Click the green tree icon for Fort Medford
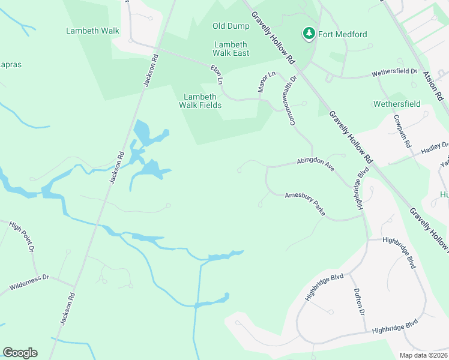pyautogui.click(x=309, y=34)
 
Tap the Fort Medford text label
pyautogui.click(x=343, y=34)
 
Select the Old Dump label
pyautogui.click(x=231, y=26)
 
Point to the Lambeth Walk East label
pyautogui.click(x=231, y=49)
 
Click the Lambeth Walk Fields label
pyautogui.click(x=200, y=101)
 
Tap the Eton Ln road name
pyautogui.click(x=216, y=75)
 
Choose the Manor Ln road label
pyautogui.click(x=266, y=81)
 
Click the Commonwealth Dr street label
pyautogui.click(x=294, y=100)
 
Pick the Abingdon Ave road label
pyautogui.click(x=315, y=164)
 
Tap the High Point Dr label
pyautogui.click(x=22, y=237)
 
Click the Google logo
pyautogui.click(x=20, y=353)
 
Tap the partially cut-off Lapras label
pyautogui.click(x=11, y=64)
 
